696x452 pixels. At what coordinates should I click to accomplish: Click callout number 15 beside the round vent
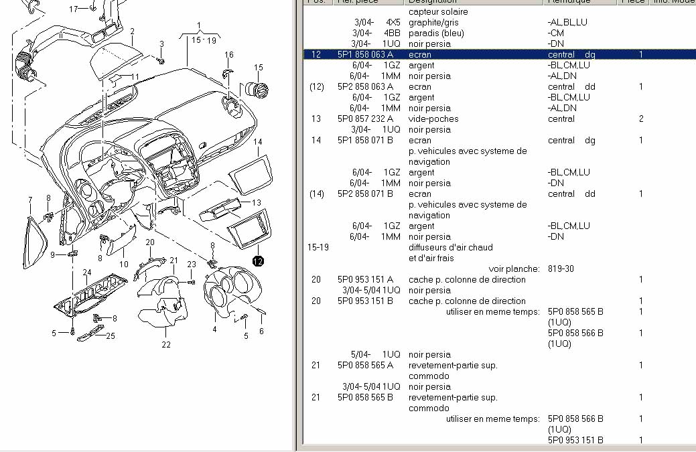tap(259, 68)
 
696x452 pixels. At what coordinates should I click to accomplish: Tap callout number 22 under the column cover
tap(165, 345)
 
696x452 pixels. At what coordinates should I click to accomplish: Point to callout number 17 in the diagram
tap(74, 9)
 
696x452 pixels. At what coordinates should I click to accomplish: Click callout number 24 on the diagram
tap(86, 273)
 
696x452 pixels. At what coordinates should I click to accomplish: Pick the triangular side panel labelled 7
tap(31, 228)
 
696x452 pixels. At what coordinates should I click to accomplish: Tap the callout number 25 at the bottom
tap(111, 335)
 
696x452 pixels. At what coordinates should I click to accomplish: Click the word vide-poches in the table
tap(433, 119)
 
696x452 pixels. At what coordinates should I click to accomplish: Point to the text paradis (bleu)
tap(436, 33)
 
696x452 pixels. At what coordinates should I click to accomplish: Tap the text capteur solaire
tap(438, 12)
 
